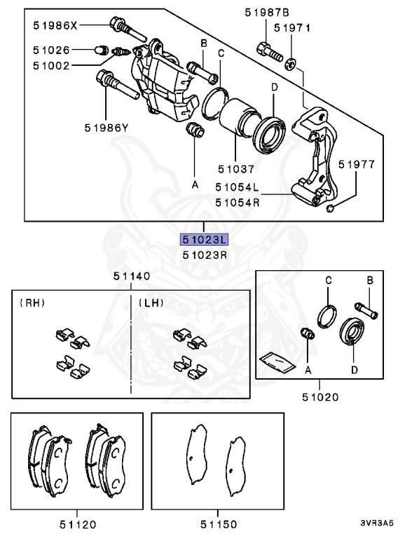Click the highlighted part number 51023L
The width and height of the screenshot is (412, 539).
pyautogui.click(x=204, y=239)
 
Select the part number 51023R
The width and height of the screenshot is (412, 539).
pyautogui.click(x=204, y=254)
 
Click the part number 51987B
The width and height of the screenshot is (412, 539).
pyautogui.click(x=267, y=13)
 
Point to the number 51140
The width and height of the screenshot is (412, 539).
pyautogui.click(x=132, y=277)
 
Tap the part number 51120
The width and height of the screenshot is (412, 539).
pyautogui.click(x=77, y=524)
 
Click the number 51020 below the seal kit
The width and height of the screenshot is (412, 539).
pyautogui.click(x=320, y=397)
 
